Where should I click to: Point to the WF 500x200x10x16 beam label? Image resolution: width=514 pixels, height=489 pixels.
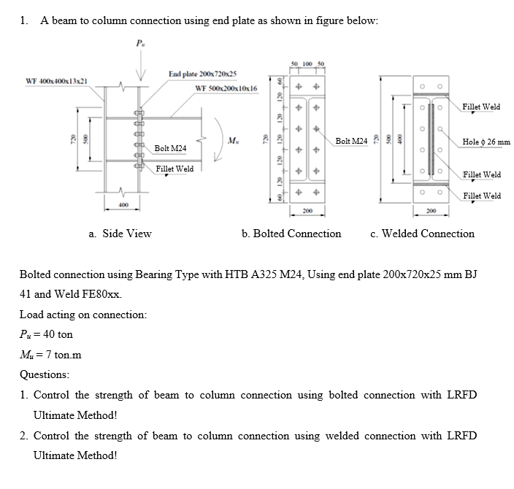(227, 88)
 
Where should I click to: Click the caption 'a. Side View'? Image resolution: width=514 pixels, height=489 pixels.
(120, 234)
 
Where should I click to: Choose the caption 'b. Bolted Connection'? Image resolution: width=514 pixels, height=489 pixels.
(291, 234)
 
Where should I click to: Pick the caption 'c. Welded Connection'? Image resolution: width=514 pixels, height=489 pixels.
(422, 234)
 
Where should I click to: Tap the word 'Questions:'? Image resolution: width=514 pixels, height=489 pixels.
(45, 374)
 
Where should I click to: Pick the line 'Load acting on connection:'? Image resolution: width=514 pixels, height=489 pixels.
(83, 315)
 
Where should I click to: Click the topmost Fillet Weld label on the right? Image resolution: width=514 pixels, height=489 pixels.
(481, 107)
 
